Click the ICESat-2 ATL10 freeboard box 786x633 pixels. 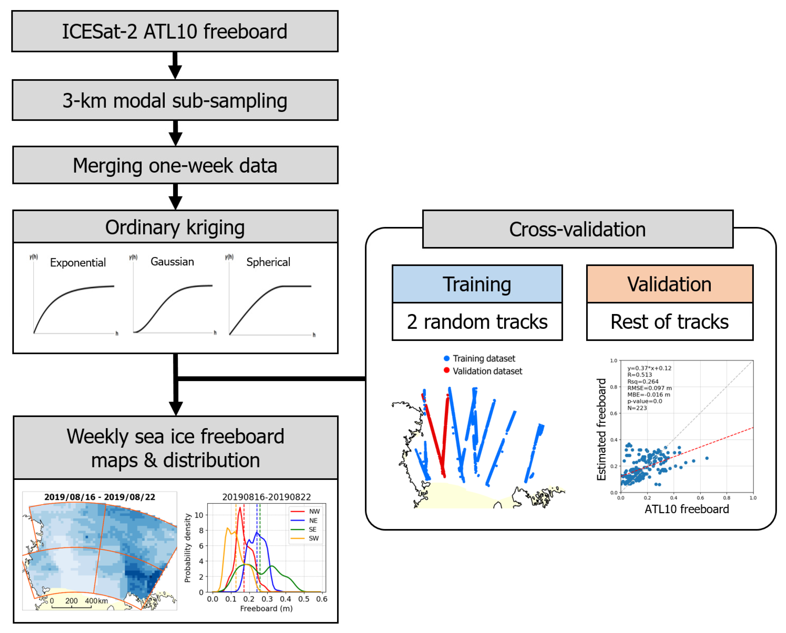175,31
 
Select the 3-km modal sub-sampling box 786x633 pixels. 175,100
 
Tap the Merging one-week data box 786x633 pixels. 175,165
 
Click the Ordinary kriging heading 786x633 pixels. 175,227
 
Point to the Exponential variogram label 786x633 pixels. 78,263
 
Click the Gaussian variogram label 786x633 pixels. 172,262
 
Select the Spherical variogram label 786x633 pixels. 268,262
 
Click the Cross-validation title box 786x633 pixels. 577,229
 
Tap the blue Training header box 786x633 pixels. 477,284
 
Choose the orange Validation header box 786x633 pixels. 669,284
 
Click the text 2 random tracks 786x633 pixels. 477,322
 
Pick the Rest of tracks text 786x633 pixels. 669,322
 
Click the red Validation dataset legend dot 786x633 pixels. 447,370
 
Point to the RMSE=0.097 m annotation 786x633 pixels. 649,388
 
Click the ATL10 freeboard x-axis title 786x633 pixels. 687,509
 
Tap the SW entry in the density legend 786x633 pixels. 313,538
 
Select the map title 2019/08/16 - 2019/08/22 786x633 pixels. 99,497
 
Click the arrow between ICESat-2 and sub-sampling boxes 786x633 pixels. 175,66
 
